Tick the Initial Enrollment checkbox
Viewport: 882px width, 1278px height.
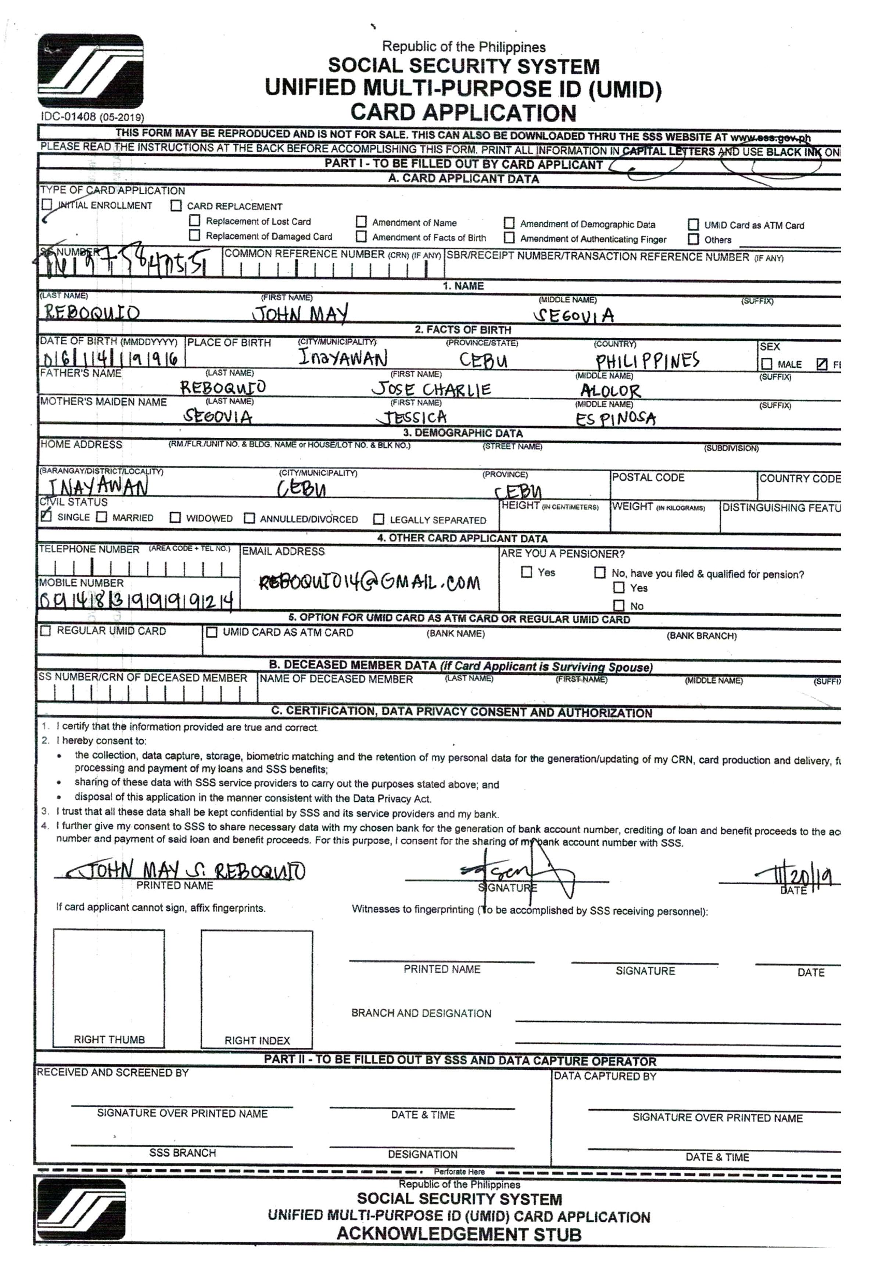click(47, 204)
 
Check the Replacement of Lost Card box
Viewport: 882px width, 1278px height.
click(194, 220)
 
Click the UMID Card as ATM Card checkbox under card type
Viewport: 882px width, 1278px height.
click(693, 224)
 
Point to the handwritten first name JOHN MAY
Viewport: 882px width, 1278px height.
click(300, 314)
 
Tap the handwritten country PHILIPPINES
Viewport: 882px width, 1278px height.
click(647, 361)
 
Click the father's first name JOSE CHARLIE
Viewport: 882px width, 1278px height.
click(431, 389)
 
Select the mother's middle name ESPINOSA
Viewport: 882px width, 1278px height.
click(616, 419)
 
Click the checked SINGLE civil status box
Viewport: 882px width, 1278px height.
click(46, 516)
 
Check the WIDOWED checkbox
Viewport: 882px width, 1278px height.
click(175, 517)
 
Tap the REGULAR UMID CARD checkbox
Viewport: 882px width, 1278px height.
click(46, 630)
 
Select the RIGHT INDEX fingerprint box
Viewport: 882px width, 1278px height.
click(257, 989)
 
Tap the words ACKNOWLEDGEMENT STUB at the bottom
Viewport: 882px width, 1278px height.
click(459, 1234)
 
